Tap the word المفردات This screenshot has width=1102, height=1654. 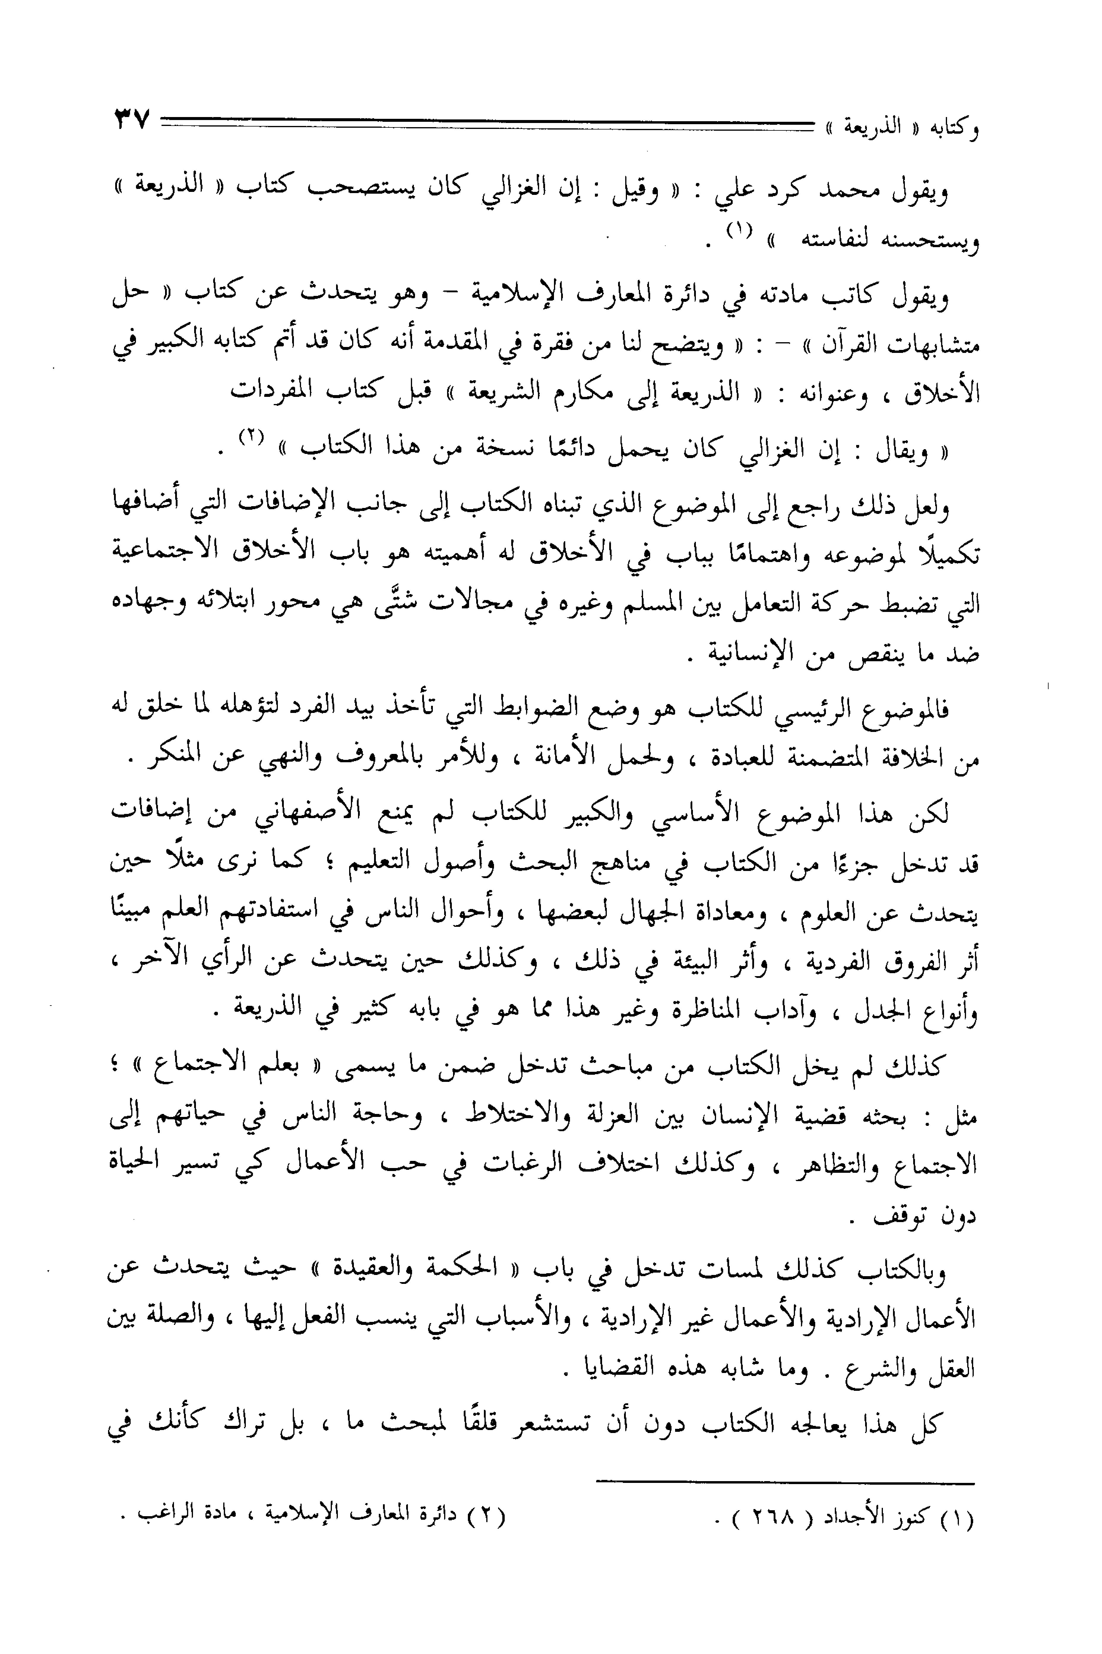click(x=278, y=391)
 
